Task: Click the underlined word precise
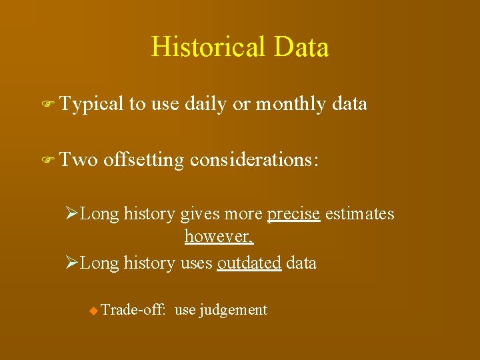click(293, 214)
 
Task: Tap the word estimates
click(360, 214)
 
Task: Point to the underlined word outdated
click(249, 263)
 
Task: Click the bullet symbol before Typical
click(46, 105)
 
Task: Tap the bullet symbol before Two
click(46, 161)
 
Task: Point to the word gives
click(199, 214)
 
